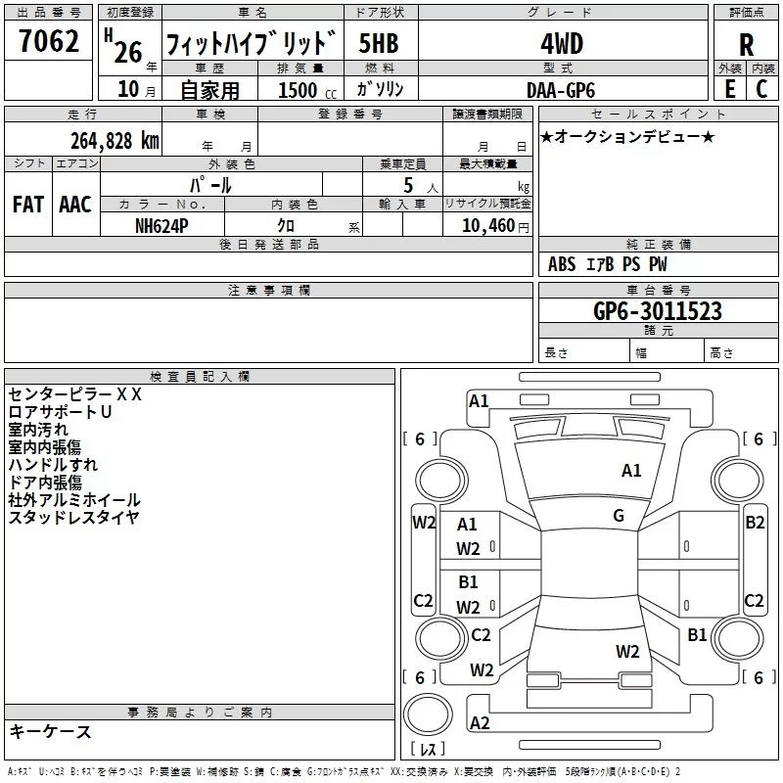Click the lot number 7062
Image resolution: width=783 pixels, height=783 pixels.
tap(49, 41)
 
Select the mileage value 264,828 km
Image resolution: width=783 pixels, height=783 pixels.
tap(115, 141)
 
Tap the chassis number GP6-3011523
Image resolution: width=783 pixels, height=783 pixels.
tap(658, 310)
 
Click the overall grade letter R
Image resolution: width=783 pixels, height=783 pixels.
tap(746, 45)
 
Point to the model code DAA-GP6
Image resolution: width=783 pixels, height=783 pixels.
tap(561, 90)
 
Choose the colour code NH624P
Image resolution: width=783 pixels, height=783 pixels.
tap(161, 226)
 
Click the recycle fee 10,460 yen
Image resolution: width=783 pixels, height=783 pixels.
tap(495, 226)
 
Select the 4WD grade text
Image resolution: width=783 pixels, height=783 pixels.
tap(562, 44)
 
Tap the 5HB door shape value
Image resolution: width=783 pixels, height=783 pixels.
tap(379, 43)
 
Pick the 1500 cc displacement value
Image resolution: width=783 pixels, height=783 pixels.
tap(307, 90)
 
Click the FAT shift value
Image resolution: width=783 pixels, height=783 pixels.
tap(28, 205)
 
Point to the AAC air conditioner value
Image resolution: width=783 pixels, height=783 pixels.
tap(75, 205)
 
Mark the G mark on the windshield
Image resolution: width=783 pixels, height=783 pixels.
tap(619, 516)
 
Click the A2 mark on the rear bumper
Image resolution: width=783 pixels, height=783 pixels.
tap(480, 722)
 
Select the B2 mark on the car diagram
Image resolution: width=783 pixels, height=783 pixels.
tap(755, 523)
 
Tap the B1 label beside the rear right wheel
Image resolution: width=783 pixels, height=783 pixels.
tap(697, 634)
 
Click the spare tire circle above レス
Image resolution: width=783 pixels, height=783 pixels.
tap(428, 714)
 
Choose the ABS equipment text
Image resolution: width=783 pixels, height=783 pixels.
tap(562, 264)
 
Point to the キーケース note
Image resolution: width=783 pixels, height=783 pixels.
tap(50, 731)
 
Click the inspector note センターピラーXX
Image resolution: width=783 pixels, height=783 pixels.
tap(75, 394)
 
